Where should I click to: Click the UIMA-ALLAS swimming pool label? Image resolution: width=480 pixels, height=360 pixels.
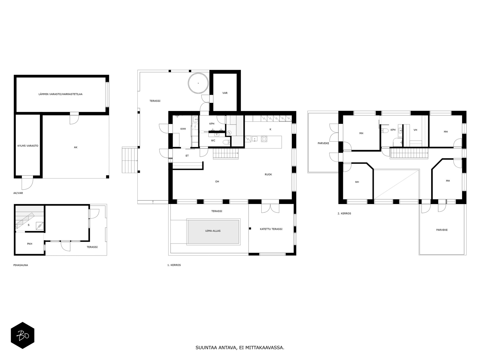(213, 231)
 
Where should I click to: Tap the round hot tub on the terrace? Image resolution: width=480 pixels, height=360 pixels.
(198, 83)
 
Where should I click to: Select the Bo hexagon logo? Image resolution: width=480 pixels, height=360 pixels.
(22, 335)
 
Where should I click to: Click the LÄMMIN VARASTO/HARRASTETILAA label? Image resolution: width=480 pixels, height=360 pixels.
(60, 94)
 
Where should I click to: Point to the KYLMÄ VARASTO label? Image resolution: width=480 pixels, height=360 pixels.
(28, 146)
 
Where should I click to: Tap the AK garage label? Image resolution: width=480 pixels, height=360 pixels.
(76, 147)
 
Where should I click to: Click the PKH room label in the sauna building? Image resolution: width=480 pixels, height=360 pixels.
(29, 244)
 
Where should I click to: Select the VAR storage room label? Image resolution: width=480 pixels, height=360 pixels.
(225, 93)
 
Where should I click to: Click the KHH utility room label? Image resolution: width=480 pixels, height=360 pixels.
(183, 129)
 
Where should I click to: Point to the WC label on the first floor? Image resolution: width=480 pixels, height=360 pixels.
(213, 140)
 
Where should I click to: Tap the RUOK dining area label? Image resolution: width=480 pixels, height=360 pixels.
(268, 174)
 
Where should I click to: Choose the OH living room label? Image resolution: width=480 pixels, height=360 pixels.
(217, 181)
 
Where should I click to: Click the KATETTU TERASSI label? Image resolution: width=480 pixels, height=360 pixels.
(271, 229)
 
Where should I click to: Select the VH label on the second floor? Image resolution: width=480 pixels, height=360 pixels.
(415, 130)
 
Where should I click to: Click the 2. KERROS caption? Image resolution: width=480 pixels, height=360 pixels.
(344, 213)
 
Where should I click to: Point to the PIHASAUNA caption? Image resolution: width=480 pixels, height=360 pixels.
(21, 265)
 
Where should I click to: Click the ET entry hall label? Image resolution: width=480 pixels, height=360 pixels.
(187, 156)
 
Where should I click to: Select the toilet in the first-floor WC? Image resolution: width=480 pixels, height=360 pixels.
(226, 142)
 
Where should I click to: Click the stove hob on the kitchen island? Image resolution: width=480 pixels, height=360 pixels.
(264, 139)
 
